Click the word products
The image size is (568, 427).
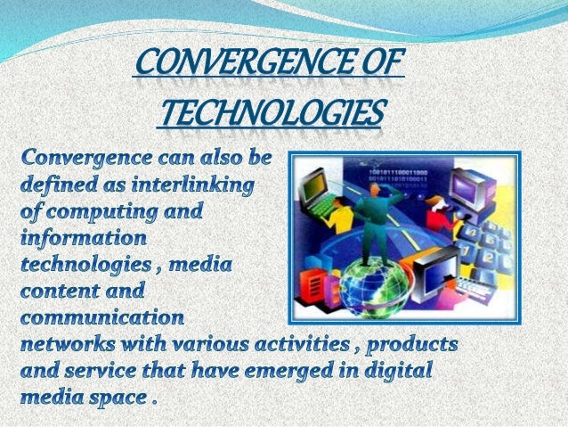coord(410,342)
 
